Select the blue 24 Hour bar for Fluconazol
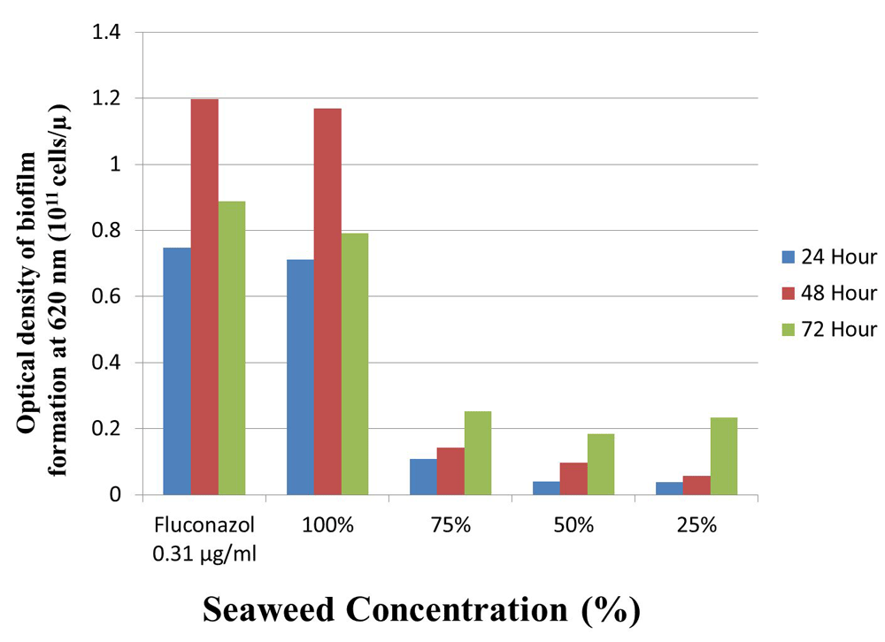click(x=177, y=371)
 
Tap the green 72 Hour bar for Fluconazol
click(x=233, y=348)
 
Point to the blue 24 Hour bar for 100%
click(x=300, y=378)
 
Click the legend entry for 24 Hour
click(x=828, y=257)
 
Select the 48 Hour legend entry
click(x=828, y=294)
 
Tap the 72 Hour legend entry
click(x=828, y=330)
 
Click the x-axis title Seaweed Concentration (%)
click(x=421, y=609)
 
